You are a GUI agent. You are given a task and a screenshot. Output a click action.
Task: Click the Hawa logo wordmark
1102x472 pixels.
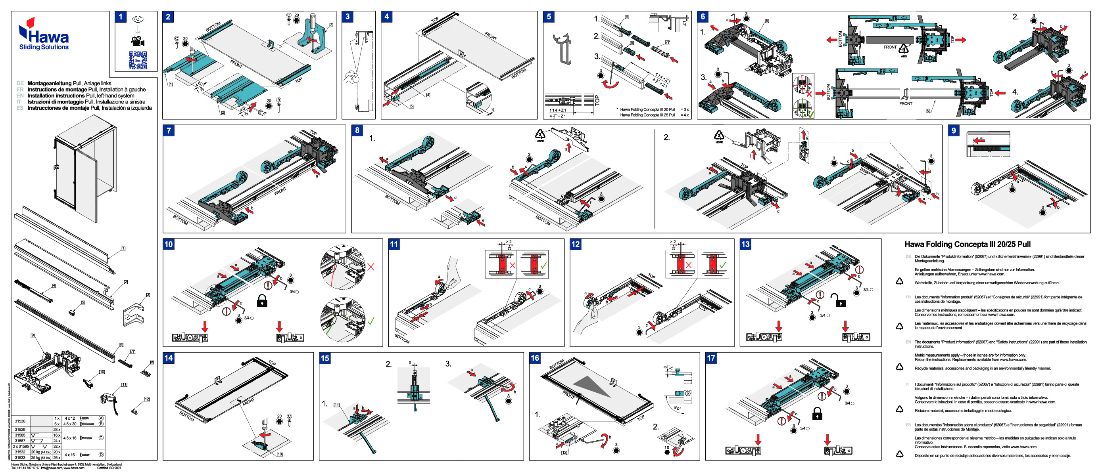click(x=48, y=37)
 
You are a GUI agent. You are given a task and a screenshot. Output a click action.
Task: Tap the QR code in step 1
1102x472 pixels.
click(x=138, y=60)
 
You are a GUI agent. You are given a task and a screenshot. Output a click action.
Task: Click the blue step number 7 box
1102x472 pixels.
click(x=169, y=130)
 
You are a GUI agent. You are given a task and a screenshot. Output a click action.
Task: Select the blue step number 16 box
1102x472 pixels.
click(x=535, y=358)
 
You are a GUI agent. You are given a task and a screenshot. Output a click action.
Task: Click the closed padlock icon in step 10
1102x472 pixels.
click(x=262, y=300)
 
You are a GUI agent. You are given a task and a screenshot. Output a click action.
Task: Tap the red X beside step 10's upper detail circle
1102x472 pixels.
click(x=371, y=267)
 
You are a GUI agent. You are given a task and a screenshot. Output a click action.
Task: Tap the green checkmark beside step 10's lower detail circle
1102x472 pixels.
click(x=371, y=320)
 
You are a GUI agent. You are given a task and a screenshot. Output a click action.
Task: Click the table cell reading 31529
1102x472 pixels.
click(x=20, y=429)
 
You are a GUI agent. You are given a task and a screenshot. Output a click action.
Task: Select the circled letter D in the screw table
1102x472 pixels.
click(x=102, y=455)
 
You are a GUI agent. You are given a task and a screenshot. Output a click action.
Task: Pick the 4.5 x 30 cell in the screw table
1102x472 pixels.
click(x=70, y=424)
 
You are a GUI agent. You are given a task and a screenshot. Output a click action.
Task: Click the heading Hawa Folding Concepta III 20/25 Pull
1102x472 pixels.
click(x=967, y=244)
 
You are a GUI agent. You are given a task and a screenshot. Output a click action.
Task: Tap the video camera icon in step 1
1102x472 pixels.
click(x=137, y=42)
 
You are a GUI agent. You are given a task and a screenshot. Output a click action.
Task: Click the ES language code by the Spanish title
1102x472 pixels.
click(x=20, y=108)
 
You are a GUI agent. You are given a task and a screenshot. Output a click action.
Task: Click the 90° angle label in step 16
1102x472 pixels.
click(x=677, y=408)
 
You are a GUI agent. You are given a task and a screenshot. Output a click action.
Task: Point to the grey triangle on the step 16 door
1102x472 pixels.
click(x=593, y=385)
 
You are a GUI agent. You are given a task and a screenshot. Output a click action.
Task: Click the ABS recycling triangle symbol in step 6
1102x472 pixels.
click(x=903, y=50)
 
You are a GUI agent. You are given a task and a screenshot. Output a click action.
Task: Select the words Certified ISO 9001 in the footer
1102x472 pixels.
click(x=109, y=468)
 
